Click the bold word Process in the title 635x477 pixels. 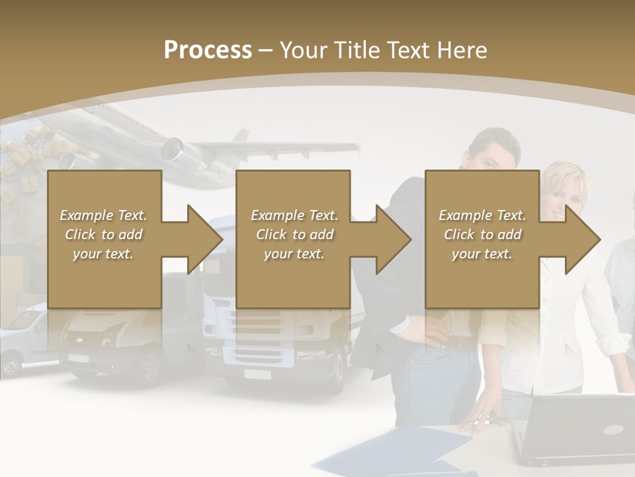(208, 50)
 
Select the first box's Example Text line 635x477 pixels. (103, 215)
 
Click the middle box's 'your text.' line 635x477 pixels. (294, 254)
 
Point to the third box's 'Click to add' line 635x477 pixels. (482, 235)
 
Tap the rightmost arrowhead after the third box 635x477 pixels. (582, 239)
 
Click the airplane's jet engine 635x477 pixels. (173, 149)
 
